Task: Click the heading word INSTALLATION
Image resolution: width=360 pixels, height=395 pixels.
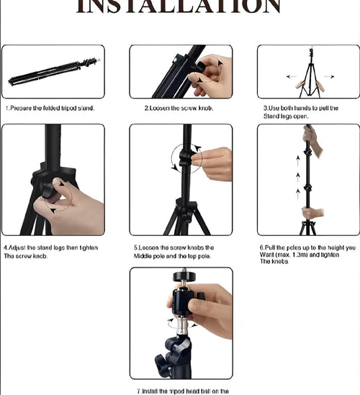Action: [x=179, y=6]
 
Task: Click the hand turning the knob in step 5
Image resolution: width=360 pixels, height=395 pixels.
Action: [x=214, y=162]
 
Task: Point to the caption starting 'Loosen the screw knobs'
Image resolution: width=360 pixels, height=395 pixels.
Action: [x=174, y=248]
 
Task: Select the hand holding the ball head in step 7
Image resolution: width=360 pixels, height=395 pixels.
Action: [x=212, y=309]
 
